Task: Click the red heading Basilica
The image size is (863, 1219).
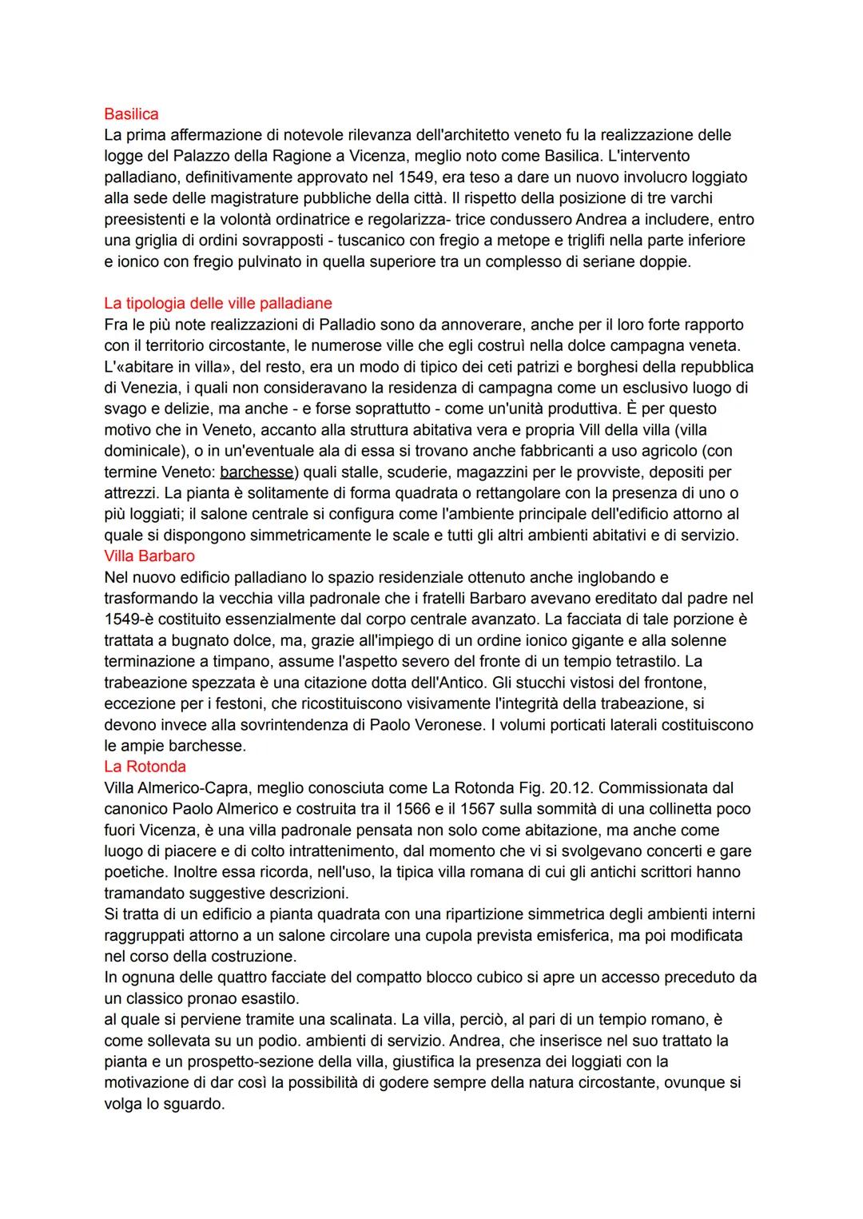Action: (x=131, y=114)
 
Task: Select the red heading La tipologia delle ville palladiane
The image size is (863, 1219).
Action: (x=217, y=304)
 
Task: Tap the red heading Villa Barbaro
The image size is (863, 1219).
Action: (x=149, y=556)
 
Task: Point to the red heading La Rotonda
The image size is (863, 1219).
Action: (x=145, y=767)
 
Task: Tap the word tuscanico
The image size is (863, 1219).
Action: (x=380, y=241)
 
